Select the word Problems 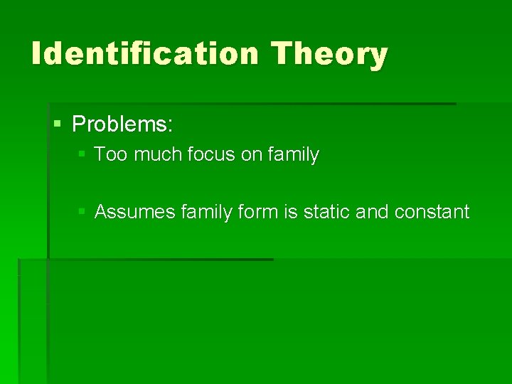[122, 124]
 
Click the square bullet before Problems [58, 124]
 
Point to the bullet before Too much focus [82, 154]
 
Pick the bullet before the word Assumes [82, 211]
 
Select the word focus [204, 154]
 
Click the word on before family [251, 154]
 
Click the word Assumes [134, 212]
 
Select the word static [320, 212]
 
